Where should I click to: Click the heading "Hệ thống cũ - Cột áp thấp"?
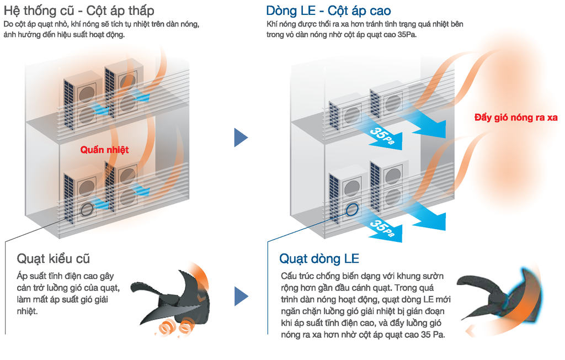(x=79, y=10)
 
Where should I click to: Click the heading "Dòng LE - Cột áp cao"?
(x=328, y=10)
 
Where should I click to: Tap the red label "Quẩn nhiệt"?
(x=104, y=150)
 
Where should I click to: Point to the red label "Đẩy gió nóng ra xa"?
(x=516, y=117)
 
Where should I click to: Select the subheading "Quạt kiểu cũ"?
(x=54, y=258)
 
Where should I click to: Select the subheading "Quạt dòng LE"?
(x=319, y=258)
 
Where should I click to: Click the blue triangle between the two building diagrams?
(x=241, y=137)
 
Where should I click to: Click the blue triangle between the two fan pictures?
(x=241, y=296)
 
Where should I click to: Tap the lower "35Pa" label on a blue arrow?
(x=382, y=229)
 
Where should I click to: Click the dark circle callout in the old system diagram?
(x=87, y=209)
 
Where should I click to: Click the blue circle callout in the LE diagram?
(x=352, y=209)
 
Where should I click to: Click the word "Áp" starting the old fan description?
(x=23, y=276)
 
